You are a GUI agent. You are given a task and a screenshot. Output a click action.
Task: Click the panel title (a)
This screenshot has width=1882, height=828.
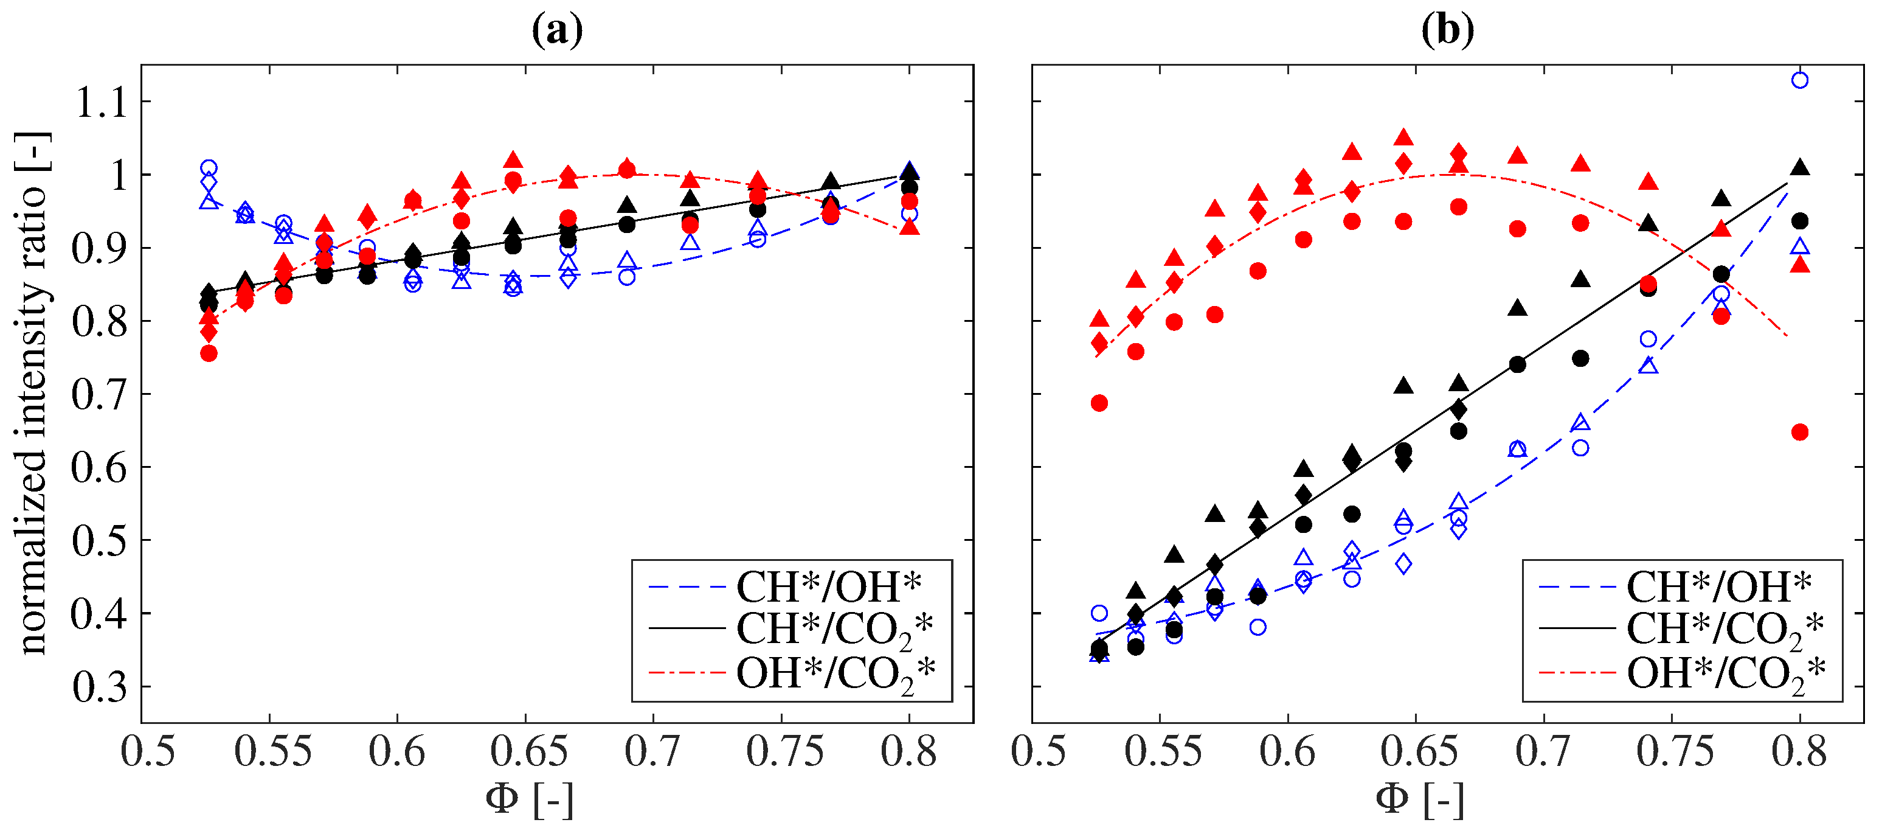point(557,30)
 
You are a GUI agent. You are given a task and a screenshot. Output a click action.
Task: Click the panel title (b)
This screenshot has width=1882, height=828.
point(1447,30)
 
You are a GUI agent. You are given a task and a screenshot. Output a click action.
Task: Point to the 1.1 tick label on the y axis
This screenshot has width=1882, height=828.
point(102,102)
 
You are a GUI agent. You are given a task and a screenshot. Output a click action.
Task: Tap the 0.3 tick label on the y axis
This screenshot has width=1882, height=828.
point(100,687)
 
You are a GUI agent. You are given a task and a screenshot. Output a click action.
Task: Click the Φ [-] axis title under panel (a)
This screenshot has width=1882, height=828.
point(529,799)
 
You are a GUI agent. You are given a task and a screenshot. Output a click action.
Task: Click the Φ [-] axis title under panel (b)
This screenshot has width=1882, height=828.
point(1419,799)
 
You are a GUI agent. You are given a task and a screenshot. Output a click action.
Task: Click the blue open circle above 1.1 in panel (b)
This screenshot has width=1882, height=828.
point(1799,80)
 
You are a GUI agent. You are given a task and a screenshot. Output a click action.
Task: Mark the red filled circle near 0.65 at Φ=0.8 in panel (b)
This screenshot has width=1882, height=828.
point(1799,433)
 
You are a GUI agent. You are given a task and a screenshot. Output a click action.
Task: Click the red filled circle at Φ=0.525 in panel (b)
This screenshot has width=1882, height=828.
point(1099,403)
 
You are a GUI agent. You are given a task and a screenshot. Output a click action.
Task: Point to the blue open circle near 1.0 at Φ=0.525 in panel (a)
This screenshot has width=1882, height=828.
point(209,168)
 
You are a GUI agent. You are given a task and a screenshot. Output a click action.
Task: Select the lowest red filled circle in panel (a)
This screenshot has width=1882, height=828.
point(209,353)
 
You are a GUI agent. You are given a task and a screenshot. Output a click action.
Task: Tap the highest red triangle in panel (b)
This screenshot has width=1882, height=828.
point(1403,138)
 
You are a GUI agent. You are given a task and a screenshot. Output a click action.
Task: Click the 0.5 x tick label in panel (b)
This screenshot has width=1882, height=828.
point(1038,751)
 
